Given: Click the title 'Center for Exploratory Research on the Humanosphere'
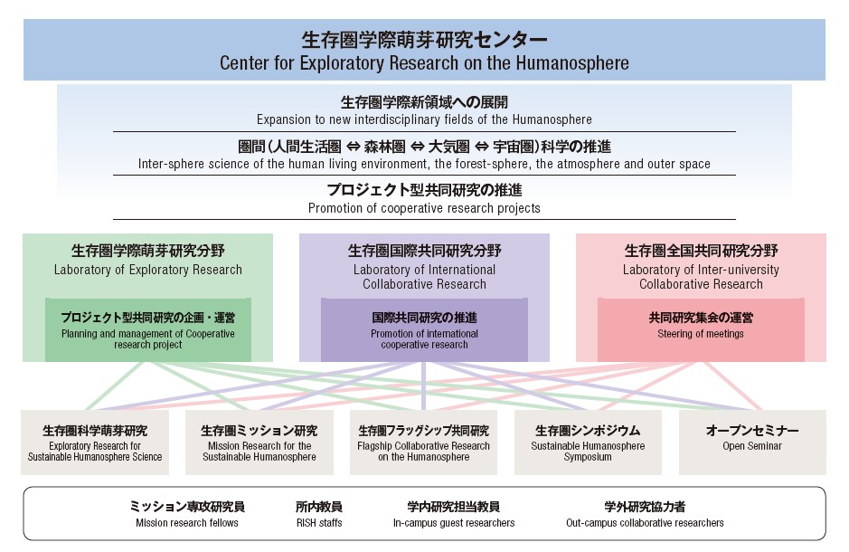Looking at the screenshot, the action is tap(424, 62).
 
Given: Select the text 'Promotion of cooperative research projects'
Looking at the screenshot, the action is tap(424, 208).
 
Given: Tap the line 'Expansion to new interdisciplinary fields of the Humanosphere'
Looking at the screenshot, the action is tap(424, 119).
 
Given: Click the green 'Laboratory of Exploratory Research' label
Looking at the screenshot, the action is tap(147, 270).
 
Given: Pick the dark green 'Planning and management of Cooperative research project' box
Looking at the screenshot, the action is tap(147, 330).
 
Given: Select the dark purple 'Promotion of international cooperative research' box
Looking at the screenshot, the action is tap(424, 330).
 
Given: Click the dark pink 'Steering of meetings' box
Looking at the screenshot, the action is tap(701, 330).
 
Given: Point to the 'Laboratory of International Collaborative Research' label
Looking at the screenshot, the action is tap(424, 277).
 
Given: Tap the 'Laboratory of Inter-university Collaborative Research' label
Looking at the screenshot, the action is tap(701, 277).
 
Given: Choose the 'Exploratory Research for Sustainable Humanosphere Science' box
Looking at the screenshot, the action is tap(95, 443).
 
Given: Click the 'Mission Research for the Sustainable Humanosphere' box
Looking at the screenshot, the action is tap(259, 443).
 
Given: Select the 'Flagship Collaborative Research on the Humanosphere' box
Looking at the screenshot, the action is tap(423, 443).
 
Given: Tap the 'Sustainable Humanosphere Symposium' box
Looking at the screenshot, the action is tap(588, 443).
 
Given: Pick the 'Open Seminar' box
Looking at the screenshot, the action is tap(752, 443).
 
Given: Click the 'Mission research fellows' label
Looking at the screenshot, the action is tap(187, 523).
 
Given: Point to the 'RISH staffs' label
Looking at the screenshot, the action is tap(319, 523).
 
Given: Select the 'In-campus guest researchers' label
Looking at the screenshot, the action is tap(454, 523).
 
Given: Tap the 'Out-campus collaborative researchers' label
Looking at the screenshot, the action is tap(645, 523).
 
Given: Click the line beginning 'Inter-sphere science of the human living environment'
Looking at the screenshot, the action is tap(424, 164).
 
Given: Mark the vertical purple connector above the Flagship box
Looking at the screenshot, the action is tap(423, 385).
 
